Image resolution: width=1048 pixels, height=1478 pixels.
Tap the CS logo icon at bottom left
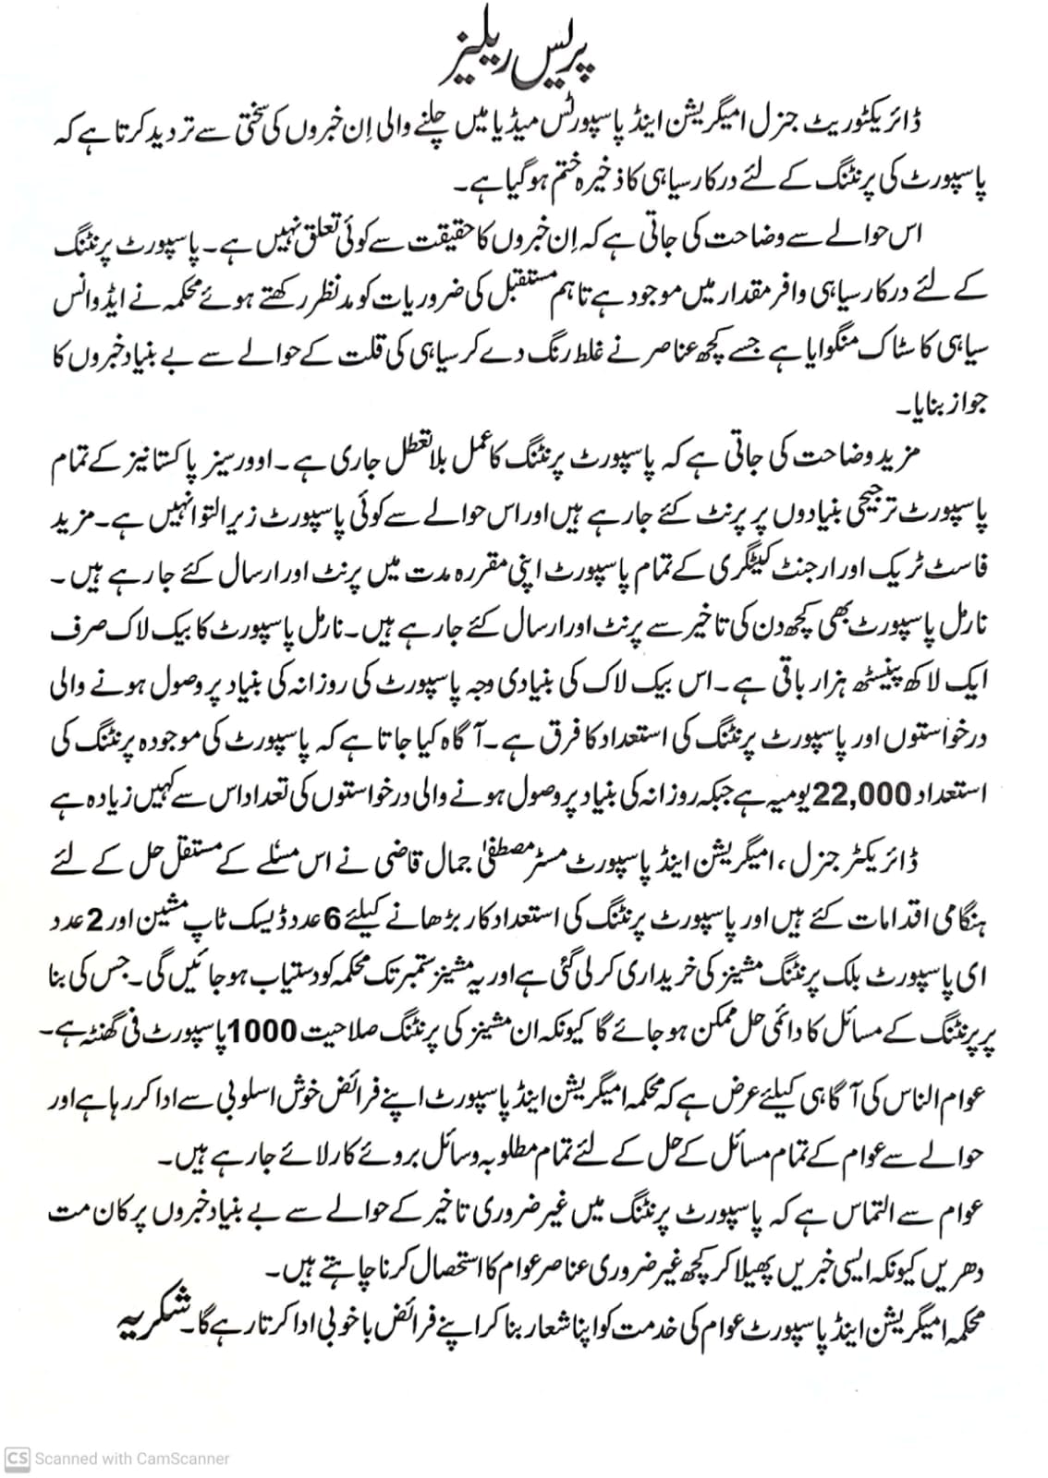(18, 1459)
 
